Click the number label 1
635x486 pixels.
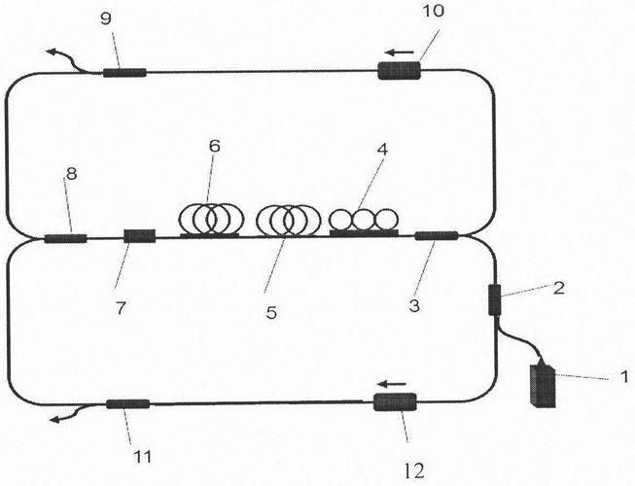click(625, 377)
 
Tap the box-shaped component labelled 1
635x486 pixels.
click(543, 385)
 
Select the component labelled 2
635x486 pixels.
click(494, 299)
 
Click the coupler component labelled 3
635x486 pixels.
click(437, 235)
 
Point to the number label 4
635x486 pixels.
click(382, 150)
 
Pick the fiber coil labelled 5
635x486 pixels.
click(288, 220)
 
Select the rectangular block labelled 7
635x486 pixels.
click(140, 236)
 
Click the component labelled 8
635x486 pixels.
click(65, 238)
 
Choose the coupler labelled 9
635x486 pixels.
click(124, 73)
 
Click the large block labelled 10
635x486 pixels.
click(400, 70)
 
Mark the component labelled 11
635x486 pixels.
click(128, 403)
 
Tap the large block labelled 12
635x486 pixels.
click(395, 402)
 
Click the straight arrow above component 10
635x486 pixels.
click(400, 52)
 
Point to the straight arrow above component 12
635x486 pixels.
click(391, 384)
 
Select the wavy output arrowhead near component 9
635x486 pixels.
click(52, 52)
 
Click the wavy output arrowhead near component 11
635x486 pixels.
click(53, 420)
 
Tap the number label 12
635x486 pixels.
click(414, 470)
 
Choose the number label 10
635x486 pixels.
click(434, 11)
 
